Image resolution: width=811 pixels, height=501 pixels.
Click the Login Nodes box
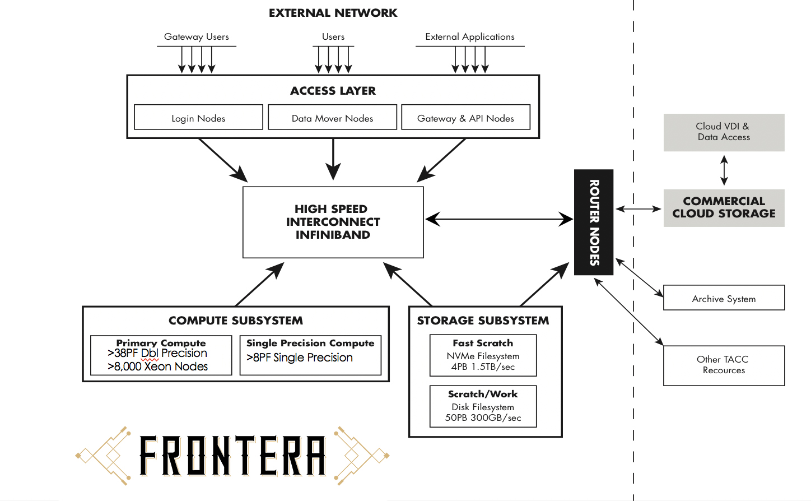click(x=198, y=118)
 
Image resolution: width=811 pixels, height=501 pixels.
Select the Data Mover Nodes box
click(x=332, y=118)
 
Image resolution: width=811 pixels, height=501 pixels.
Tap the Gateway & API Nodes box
click(x=465, y=118)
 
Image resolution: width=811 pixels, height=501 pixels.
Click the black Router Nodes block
click(x=594, y=222)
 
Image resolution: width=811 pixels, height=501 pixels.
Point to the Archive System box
click(x=724, y=298)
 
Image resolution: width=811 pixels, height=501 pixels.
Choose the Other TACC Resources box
click(x=724, y=365)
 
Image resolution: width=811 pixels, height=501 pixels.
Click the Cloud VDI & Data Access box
click(x=724, y=132)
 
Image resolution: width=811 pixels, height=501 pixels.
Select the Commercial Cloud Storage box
click(x=724, y=208)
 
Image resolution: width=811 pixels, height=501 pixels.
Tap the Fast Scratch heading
click(x=483, y=343)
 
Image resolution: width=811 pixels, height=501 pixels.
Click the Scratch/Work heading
click(x=483, y=394)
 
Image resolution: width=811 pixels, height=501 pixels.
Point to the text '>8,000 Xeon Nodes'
click(x=157, y=367)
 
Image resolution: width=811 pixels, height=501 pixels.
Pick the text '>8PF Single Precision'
click(x=300, y=358)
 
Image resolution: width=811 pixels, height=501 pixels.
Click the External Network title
click(x=333, y=13)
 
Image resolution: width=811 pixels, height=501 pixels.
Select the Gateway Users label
click(x=196, y=37)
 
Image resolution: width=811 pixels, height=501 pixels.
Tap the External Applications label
click(x=469, y=37)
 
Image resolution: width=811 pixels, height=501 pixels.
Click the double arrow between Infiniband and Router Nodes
click(x=498, y=219)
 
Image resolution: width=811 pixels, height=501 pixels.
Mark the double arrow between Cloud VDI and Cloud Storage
click(x=724, y=170)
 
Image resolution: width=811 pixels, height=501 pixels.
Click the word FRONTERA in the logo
click(x=232, y=456)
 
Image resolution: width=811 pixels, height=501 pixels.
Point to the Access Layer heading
click(x=333, y=91)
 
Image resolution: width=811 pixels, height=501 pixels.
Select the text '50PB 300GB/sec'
click(x=483, y=418)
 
